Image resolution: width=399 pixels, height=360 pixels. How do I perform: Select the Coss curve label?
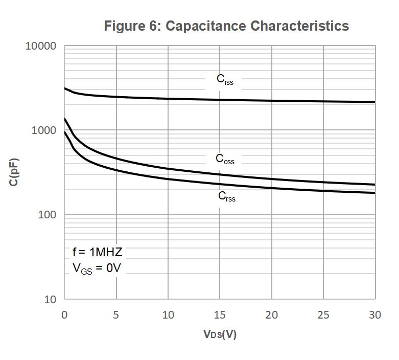[x=225, y=159]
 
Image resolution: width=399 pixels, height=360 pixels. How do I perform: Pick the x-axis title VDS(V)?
[x=220, y=334]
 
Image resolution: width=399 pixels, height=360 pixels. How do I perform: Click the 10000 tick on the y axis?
[x=40, y=46]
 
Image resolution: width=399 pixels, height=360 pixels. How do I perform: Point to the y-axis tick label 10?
[x=50, y=299]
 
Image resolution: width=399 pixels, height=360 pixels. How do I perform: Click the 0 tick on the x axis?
[x=64, y=315]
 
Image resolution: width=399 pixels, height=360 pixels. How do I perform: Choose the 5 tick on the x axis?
[x=116, y=315]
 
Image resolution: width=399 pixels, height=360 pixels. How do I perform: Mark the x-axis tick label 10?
[x=168, y=315]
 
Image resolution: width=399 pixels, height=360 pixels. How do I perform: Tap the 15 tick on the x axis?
[x=220, y=315]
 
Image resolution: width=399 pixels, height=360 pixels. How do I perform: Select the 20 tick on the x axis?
[x=272, y=315]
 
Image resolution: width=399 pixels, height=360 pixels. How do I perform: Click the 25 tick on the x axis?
[x=323, y=315]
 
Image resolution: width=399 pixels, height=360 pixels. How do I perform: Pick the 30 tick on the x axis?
[x=375, y=315]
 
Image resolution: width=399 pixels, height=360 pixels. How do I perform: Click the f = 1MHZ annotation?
[x=97, y=252]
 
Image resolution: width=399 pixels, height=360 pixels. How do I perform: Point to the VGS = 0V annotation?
[x=97, y=268]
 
